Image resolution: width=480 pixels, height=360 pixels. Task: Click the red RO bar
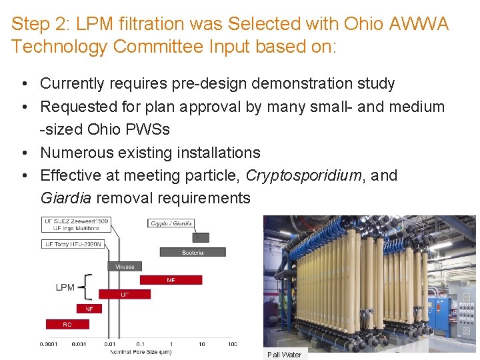click(x=67, y=325)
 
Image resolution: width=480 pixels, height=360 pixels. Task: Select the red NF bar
click(x=89, y=309)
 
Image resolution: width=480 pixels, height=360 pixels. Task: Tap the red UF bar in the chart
click(x=124, y=294)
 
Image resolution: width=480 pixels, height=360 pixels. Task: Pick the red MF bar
click(x=171, y=280)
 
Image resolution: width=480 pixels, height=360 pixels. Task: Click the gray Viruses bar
click(x=124, y=266)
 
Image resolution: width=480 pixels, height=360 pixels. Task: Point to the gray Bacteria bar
click(x=192, y=252)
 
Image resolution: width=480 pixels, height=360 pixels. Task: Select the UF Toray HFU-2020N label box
click(x=73, y=244)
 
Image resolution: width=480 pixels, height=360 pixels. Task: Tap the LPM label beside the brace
click(x=65, y=287)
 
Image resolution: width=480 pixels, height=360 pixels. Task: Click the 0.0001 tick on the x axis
click(x=48, y=344)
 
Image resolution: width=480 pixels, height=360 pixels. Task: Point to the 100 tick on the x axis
click(x=232, y=344)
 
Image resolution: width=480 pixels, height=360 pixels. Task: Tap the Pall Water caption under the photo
click(x=284, y=355)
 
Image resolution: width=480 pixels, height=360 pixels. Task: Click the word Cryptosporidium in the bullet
click(x=303, y=175)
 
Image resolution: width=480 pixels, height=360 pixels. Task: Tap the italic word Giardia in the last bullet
click(x=65, y=198)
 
